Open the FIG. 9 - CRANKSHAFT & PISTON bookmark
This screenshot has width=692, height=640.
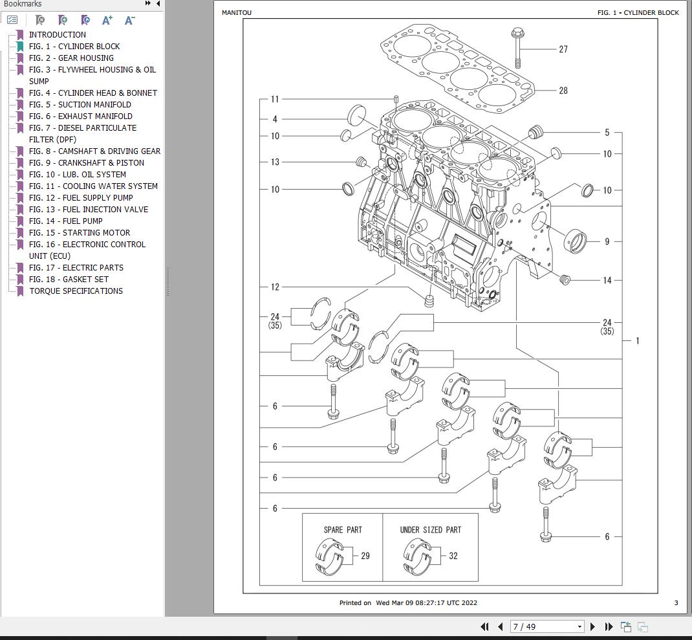[86, 162]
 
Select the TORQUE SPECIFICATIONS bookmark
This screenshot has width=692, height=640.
[76, 291]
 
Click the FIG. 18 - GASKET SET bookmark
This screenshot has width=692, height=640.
[69, 279]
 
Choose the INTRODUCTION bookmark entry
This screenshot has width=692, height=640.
[57, 34]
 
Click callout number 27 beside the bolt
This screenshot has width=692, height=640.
[563, 49]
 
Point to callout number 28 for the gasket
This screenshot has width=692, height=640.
[563, 91]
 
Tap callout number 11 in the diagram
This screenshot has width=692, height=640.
[275, 99]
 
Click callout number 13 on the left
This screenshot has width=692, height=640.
[275, 162]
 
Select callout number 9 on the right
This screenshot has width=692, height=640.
[607, 241]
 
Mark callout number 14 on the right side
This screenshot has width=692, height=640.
[607, 280]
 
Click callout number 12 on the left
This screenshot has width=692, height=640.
[275, 287]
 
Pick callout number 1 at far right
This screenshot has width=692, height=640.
[637, 340]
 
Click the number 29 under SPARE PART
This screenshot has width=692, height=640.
[365, 556]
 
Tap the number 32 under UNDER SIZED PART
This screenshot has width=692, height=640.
[453, 556]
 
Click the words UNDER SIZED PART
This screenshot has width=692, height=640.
[430, 529]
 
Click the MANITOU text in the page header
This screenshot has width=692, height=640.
[237, 12]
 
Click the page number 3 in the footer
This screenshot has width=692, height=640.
[676, 602]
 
